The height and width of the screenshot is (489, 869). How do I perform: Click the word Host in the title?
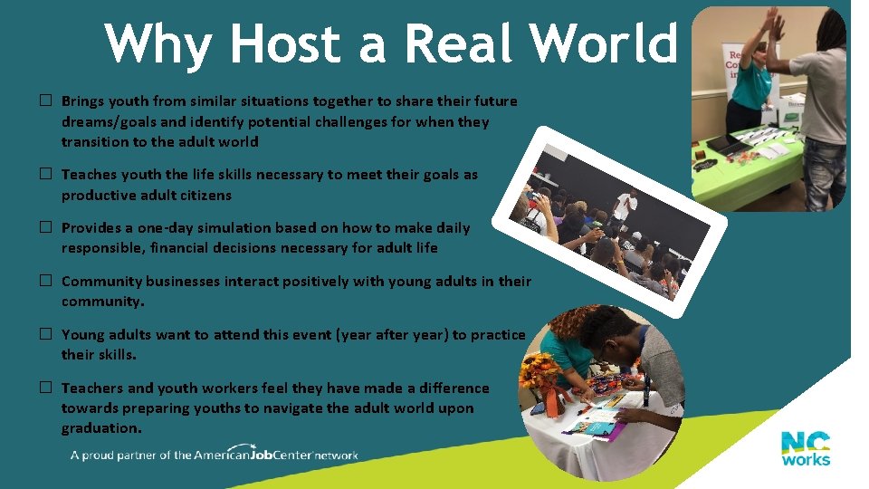point(288,43)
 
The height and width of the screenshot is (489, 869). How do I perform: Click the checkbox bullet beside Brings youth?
point(43,101)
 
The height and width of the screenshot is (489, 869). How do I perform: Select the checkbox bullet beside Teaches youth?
point(43,175)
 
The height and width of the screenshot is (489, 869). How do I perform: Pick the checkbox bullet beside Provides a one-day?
point(43,228)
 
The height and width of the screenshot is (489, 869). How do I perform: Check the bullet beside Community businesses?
point(43,282)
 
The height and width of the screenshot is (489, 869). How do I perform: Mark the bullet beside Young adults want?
point(43,335)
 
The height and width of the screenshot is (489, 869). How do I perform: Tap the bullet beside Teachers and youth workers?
point(43,388)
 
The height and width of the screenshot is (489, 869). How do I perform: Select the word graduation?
point(100,428)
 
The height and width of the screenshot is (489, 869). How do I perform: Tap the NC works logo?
point(806,448)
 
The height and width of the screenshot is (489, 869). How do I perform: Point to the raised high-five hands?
point(774,24)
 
